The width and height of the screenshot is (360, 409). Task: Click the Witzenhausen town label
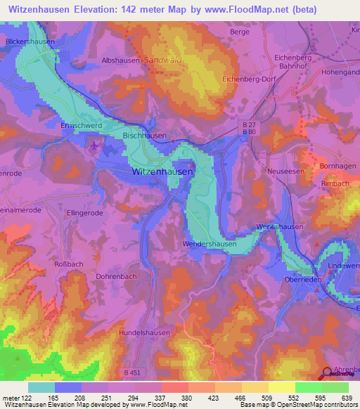[162, 171]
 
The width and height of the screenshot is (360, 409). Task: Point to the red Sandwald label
[163, 60]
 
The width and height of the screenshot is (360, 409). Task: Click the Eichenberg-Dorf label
[249, 80]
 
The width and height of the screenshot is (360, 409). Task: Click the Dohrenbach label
[116, 276]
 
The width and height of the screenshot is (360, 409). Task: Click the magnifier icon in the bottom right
[328, 373]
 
